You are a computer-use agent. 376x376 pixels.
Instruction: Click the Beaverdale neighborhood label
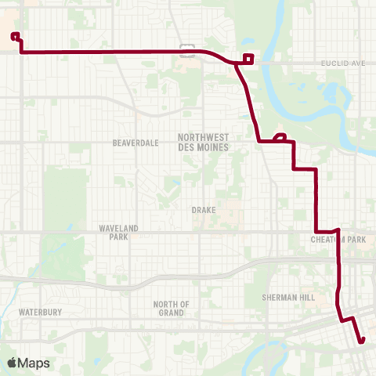click(136, 143)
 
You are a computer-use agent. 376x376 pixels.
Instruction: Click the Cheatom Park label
click(338, 240)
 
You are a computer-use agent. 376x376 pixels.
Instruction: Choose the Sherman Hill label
click(289, 298)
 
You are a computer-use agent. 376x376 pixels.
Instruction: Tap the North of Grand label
click(172, 308)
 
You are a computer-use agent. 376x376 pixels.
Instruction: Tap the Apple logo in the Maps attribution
click(12, 363)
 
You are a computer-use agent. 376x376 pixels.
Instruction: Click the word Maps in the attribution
click(34, 363)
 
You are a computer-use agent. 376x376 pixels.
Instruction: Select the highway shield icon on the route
click(187, 51)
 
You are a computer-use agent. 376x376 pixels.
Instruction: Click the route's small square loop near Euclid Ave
click(248, 57)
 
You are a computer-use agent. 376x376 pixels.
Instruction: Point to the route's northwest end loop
click(16, 35)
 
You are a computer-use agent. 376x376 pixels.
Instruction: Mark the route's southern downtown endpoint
click(362, 340)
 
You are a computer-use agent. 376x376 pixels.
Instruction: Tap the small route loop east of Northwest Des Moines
click(280, 137)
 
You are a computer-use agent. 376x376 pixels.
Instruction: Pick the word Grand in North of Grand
click(172, 313)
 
